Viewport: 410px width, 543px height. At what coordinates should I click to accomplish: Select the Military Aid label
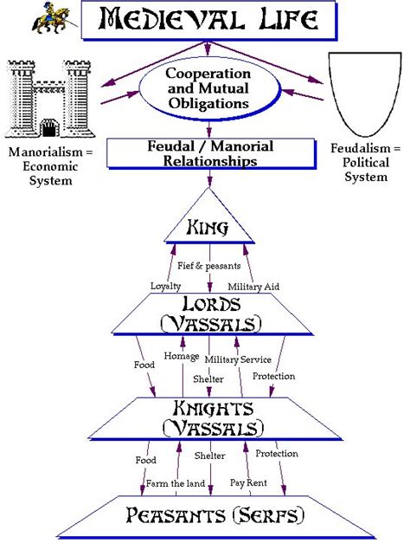(x=252, y=285)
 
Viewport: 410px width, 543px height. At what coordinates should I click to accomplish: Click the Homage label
(x=183, y=358)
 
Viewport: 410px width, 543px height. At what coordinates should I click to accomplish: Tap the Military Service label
(x=238, y=358)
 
